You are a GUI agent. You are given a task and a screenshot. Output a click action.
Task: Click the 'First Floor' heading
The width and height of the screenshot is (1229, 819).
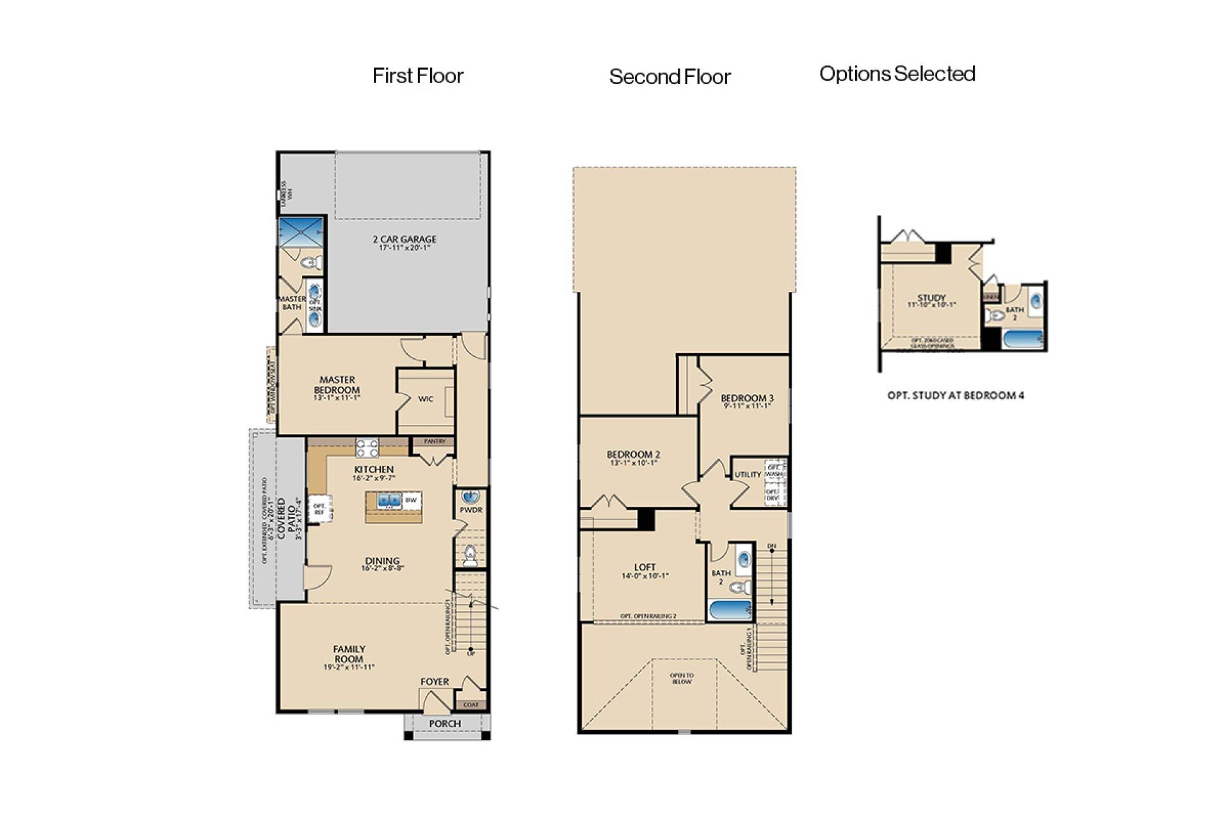coord(417,76)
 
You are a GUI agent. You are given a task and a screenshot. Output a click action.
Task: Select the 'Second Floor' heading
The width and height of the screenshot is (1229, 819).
coord(670,77)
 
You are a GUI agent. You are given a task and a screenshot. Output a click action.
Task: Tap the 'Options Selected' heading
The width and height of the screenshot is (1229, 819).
coord(897,74)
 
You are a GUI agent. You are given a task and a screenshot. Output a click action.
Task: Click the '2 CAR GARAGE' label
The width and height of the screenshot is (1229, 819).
coord(405,240)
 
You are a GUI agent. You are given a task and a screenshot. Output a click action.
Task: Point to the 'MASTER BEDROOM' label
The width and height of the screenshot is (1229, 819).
coord(337,385)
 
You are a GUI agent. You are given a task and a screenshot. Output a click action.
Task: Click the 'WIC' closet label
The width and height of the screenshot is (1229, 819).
coord(426,399)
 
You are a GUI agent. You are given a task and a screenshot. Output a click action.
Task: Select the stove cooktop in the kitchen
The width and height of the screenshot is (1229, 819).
coord(367,448)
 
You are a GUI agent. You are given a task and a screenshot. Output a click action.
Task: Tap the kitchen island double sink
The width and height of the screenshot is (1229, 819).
coord(389,500)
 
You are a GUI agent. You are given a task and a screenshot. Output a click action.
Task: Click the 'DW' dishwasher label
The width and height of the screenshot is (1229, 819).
coord(411,500)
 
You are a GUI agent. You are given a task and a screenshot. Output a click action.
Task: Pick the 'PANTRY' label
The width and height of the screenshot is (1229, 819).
coord(435,441)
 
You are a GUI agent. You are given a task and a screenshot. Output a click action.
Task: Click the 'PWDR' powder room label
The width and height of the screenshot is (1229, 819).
coord(470,510)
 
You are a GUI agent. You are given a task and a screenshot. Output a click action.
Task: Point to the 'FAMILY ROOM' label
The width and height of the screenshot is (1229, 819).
coord(349,655)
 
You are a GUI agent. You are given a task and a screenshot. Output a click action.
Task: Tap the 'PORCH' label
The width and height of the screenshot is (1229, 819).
coord(445,724)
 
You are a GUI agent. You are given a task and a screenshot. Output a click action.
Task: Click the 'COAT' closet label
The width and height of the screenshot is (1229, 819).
coord(470,704)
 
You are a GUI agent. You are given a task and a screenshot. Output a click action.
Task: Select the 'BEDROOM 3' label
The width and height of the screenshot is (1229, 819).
coord(747,398)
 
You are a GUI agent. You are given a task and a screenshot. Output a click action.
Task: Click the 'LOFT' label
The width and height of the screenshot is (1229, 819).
coord(645,568)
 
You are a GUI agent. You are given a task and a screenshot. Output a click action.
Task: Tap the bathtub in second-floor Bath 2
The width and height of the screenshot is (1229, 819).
coord(730,610)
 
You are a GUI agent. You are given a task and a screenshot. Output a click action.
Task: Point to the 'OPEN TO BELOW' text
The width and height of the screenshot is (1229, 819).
coord(682,678)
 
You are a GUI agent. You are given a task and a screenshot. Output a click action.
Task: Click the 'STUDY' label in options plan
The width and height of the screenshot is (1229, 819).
coord(931,298)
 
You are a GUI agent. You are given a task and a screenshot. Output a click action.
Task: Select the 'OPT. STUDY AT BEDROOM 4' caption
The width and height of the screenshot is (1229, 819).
coord(955,395)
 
